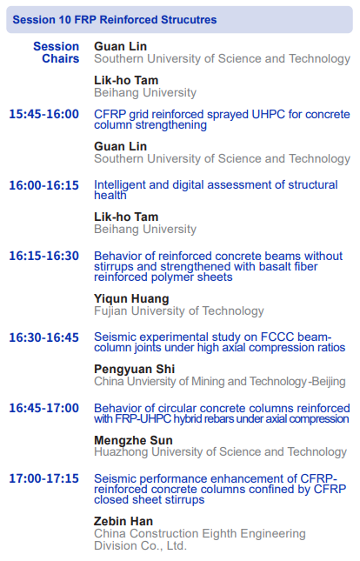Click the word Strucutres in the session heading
(x=189, y=20)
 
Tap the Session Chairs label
(x=57, y=52)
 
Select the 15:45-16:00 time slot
(x=44, y=114)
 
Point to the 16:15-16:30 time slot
(x=44, y=256)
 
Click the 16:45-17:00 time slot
(x=44, y=408)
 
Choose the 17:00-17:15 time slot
(x=44, y=478)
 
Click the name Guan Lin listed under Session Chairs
(x=120, y=46)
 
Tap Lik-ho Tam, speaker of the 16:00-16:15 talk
(x=126, y=217)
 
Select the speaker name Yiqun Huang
(x=131, y=298)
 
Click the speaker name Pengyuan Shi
(x=134, y=370)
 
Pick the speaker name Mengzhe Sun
(x=133, y=440)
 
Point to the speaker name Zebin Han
(x=123, y=521)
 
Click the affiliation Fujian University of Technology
(x=179, y=311)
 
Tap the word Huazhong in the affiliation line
(x=122, y=452)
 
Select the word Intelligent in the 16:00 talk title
(x=120, y=184)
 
